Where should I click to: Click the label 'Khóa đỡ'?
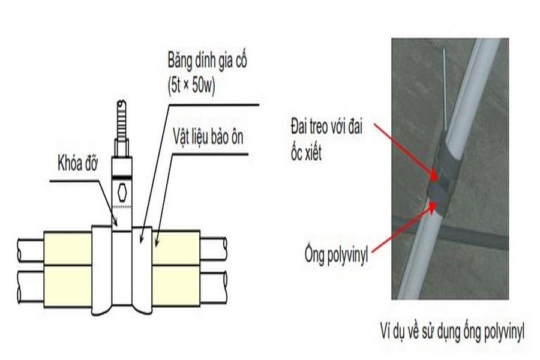[x=78, y=163]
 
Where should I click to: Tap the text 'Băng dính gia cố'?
[x=208, y=61]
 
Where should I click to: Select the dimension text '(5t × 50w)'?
[x=191, y=85]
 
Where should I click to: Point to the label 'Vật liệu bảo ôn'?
[x=208, y=137]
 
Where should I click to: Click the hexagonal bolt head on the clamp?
[x=122, y=192]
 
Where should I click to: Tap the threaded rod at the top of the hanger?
[x=122, y=119]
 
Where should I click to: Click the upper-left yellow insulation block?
[x=68, y=248]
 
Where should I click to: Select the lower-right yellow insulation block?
[x=176, y=286]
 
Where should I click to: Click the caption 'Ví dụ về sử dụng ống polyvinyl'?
[x=452, y=332]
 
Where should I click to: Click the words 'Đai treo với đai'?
[x=326, y=127]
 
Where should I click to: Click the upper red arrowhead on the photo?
[x=434, y=176]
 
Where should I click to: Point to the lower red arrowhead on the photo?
[x=432, y=206]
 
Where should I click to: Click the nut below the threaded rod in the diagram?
[x=122, y=148]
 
